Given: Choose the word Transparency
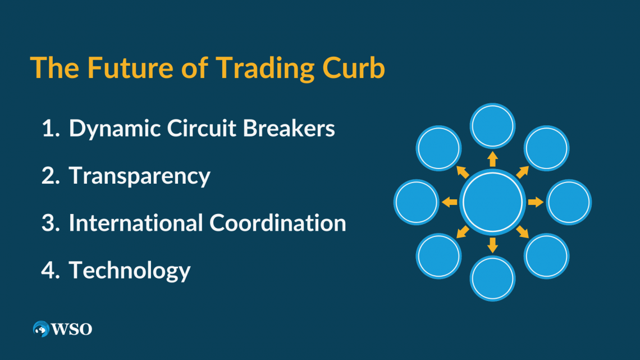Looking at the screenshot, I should (139, 176).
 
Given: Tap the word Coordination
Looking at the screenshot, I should (278, 223).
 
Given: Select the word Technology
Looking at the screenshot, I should (130, 271).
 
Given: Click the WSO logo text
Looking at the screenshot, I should (72, 329).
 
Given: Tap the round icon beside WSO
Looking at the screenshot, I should (41, 329).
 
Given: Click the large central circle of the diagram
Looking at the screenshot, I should (492, 202).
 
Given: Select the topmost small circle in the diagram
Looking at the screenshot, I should (492, 125).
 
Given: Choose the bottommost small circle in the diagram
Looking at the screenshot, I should (492, 279).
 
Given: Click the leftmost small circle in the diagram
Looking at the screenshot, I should (416, 202).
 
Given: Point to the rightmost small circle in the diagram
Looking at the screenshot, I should (569, 202).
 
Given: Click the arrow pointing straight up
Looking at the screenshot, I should (492, 159).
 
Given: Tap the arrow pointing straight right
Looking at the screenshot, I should (536, 202).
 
